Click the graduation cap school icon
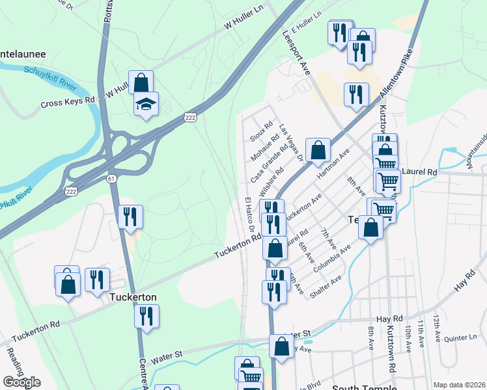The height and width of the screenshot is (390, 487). click(x=146, y=103)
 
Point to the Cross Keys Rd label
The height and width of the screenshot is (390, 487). click(x=68, y=103)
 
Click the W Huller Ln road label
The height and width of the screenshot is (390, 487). click(x=246, y=23)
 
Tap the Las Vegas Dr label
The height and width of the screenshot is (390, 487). click(x=291, y=143)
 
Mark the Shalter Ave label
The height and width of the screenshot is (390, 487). click(x=326, y=287)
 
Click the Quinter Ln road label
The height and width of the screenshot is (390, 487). click(x=461, y=338)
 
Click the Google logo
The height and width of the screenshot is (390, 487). click(x=21, y=382)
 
